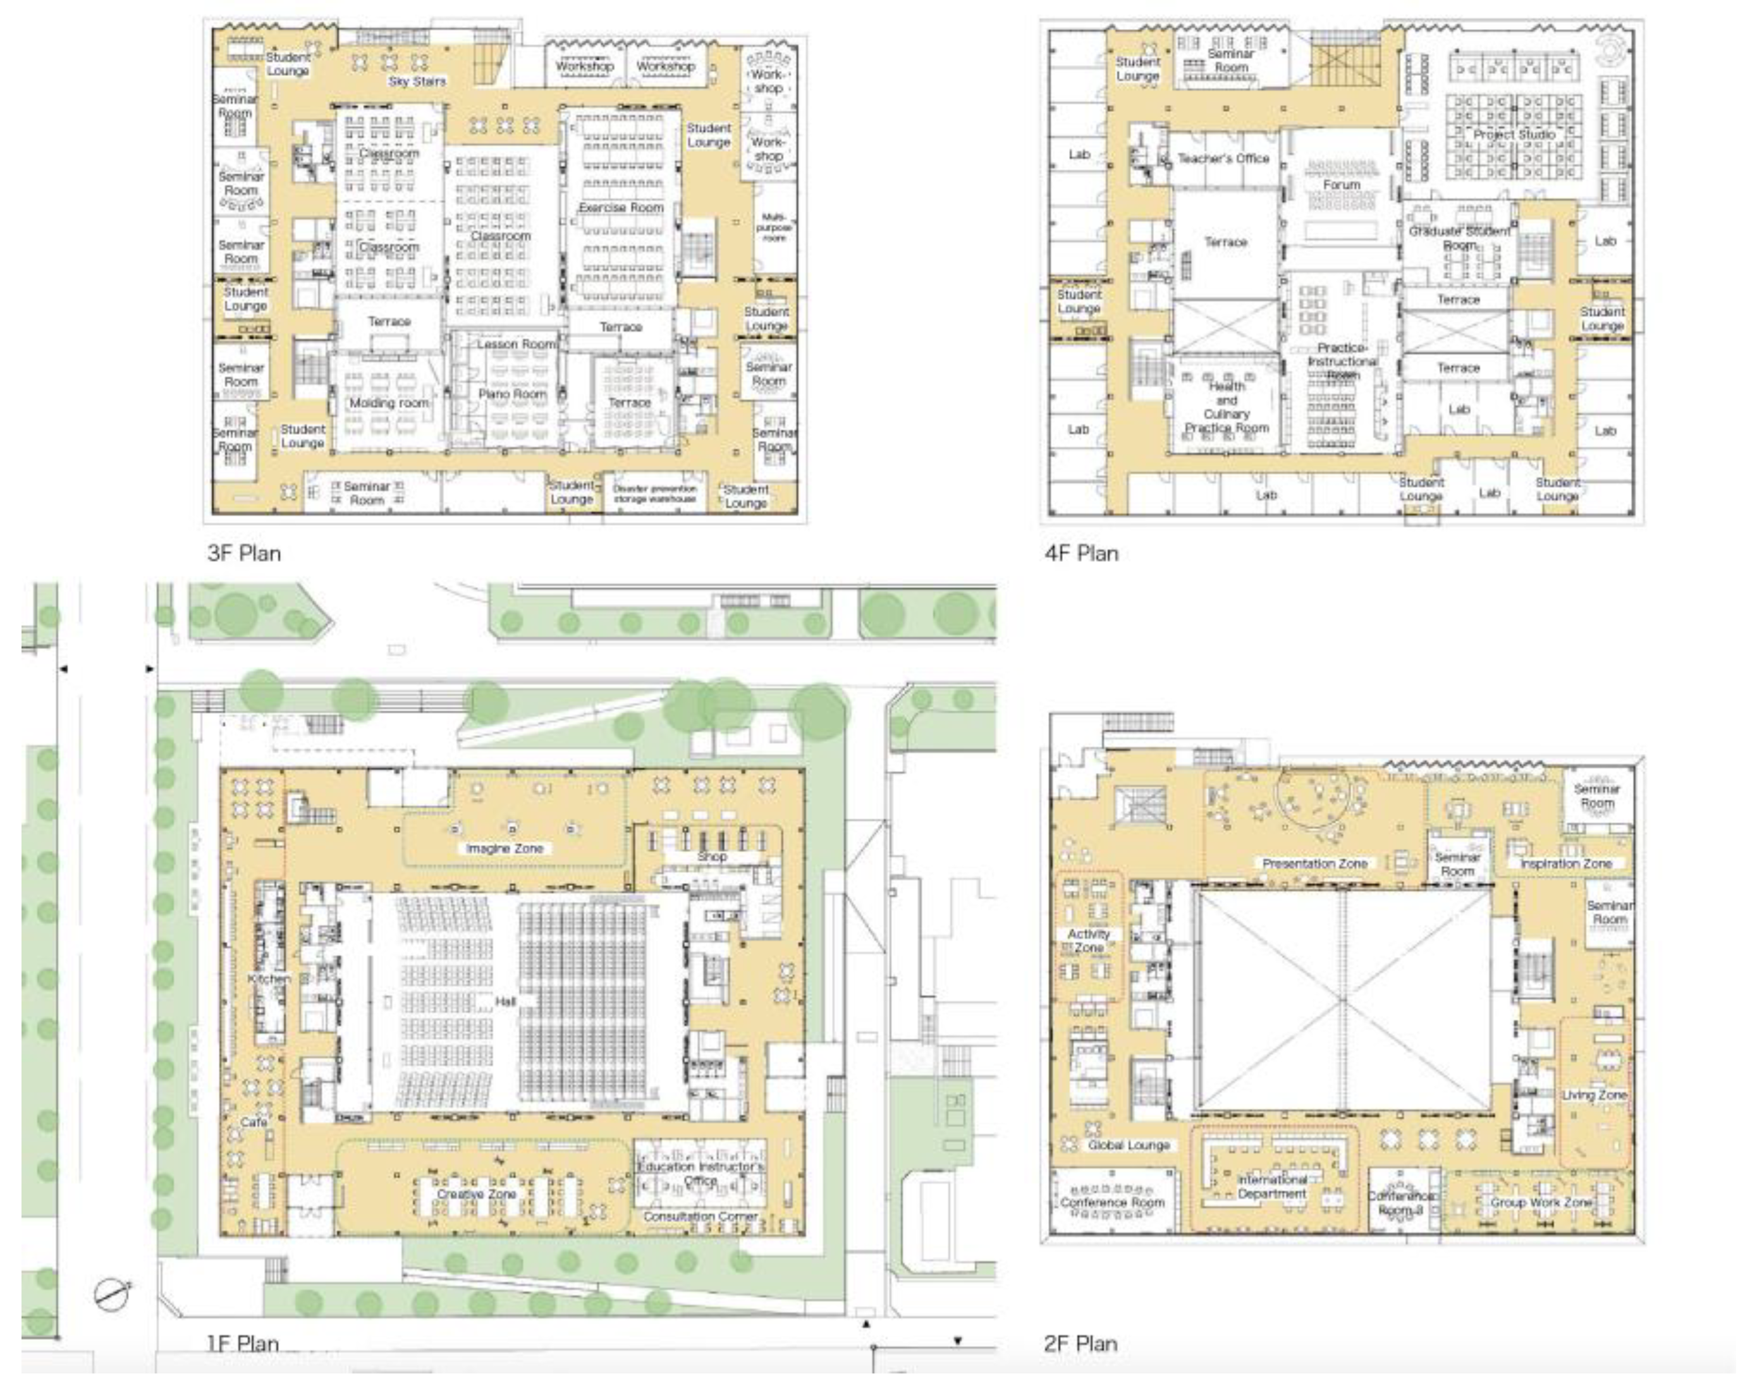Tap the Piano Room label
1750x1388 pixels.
[511, 394]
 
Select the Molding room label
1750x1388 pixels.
[388, 403]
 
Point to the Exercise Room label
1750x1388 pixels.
[621, 208]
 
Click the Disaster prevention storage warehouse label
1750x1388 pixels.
[654, 494]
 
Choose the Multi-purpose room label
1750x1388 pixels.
[774, 228]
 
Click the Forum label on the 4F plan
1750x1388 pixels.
[1341, 185]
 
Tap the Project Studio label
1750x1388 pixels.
[1515, 135]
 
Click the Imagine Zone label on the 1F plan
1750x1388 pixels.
[504, 848]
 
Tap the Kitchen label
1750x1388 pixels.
[269, 979]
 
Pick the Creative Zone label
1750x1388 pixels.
[477, 1194]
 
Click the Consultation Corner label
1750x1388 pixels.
[701, 1217]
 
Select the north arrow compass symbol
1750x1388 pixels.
[112, 1294]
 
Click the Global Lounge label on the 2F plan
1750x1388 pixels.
[1129, 1145]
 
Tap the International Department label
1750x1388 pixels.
[1272, 1187]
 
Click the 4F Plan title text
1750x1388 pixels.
[1081, 554]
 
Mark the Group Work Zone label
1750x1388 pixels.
[1541, 1202]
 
